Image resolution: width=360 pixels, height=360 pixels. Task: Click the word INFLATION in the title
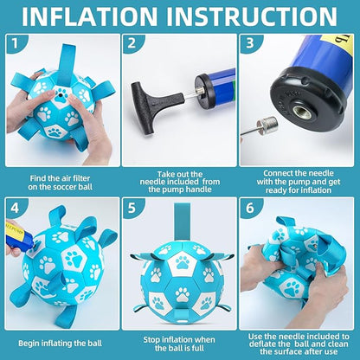[x=90, y=16]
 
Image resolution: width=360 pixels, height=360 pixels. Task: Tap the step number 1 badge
[x=15, y=43]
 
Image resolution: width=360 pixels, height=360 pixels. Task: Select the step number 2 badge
[x=132, y=43]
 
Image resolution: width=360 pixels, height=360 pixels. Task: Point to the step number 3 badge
[x=250, y=43]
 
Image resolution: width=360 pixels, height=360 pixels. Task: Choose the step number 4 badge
[x=15, y=207]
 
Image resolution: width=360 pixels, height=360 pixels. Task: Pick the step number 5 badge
[x=132, y=207]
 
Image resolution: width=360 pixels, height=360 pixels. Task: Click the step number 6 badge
[x=250, y=207]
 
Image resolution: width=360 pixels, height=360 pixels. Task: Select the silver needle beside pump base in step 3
[x=260, y=127]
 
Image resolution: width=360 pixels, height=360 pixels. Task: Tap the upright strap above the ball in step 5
[x=182, y=222]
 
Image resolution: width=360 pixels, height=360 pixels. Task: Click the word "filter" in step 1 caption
[x=80, y=178]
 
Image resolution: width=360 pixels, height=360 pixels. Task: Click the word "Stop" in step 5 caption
[x=152, y=340]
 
